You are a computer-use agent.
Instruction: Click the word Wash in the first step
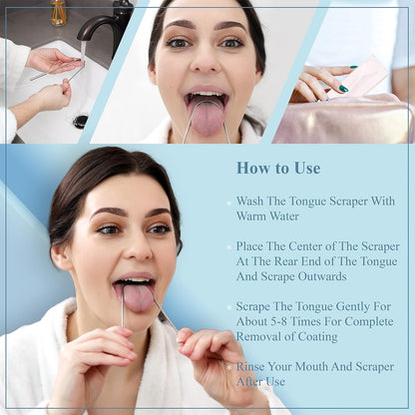[x=252, y=201]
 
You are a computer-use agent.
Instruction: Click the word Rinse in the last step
[x=254, y=366]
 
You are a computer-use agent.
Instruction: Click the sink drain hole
[x=80, y=121]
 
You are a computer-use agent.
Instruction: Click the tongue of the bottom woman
[x=138, y=296]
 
